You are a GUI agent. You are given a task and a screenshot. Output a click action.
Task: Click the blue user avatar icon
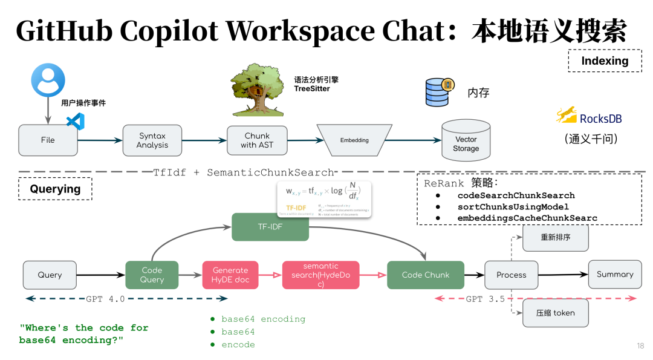pos(48,80)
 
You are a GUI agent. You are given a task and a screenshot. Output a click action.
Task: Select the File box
pos(48,140)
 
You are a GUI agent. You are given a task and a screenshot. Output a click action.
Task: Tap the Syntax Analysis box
pos(152,140)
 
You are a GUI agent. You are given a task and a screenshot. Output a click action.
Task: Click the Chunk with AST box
pos(257,140)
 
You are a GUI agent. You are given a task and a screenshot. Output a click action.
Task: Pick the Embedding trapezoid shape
pos(354,140)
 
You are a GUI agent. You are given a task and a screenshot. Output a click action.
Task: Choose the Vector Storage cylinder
pos(466,140)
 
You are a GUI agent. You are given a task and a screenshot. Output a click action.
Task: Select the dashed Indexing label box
pos(605,61)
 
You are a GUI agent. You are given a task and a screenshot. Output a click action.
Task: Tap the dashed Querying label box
pos(55,189)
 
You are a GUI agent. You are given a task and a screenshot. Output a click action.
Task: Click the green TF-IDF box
pos(270,227)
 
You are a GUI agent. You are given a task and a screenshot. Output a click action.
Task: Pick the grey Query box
pos(50,275)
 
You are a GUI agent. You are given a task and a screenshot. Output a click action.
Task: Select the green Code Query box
pos(152,275)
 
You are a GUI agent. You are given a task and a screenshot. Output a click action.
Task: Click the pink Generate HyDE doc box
pos(230,275)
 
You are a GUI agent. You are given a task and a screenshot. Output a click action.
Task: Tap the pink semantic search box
pos(320,275)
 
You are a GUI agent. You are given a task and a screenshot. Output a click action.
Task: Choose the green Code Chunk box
pos(426,275)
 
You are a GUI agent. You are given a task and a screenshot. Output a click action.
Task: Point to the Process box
pos(512,275)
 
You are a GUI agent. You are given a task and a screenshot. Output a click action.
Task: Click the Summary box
pos(614,274)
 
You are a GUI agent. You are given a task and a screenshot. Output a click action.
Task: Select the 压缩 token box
pos(555,313)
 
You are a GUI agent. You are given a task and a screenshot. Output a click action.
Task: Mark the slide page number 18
pos(640,346)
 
